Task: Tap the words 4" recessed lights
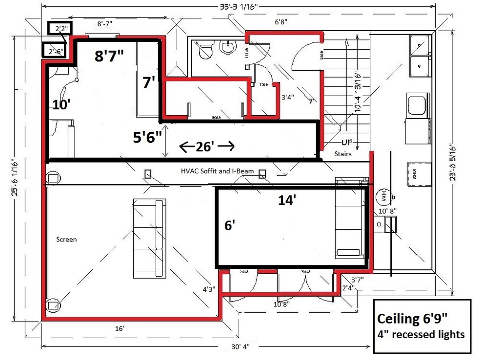tap(421, 335)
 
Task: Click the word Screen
tap(66, 240)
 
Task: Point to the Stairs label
tap(343, 154)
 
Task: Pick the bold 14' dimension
tap(287, 200)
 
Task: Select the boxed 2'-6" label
tap(55, 51)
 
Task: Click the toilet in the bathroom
tap(204, 49)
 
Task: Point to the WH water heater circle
tap(384, 197)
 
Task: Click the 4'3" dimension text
tap(208, 289)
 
